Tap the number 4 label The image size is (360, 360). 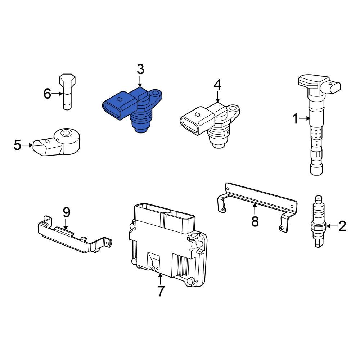217,85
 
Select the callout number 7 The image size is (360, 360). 161,291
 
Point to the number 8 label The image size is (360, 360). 255,221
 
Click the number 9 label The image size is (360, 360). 66,212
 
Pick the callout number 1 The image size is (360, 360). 295,118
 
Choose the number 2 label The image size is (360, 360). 342,226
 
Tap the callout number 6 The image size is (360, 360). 48,94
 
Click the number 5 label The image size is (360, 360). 18,145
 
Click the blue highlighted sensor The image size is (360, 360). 131,108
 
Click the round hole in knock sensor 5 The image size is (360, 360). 66,134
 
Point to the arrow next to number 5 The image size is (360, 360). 28,145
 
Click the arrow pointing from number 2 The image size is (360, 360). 332,226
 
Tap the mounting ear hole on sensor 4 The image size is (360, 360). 233,109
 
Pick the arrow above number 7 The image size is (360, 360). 161,278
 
